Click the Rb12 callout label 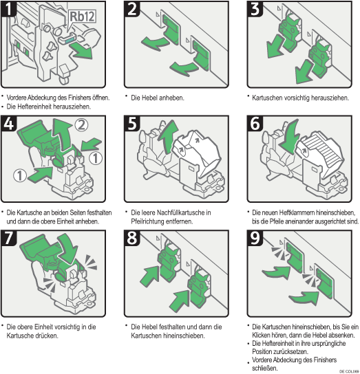click(x=83, y=16)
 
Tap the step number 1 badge click(x=8, y=8)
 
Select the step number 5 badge click(x=132, y=123)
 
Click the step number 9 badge click(x=255, y=238)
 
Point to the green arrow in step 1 click(x=82, y=50)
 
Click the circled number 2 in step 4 click(x=81, y=125)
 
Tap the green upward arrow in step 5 click(x=169, y=136)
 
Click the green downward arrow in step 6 click(x=290, y=137)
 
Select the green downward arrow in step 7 click(x=68, y=250)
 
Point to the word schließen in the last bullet click(x=265, y=368)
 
